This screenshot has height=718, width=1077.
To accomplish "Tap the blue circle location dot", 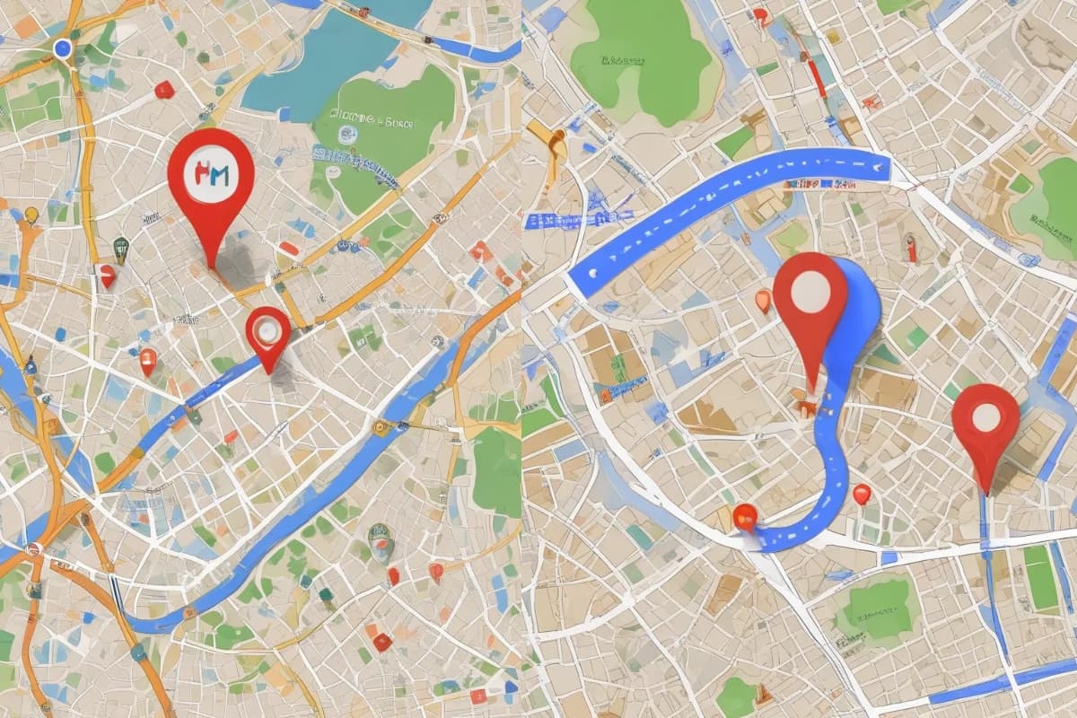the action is click(x=62, y=48).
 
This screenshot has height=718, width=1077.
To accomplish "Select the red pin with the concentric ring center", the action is click(x=267, y=333).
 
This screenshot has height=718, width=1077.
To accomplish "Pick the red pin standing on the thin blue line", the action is click(x=985, y=422).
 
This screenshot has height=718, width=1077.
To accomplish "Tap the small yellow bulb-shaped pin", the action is click(x=31, y=215).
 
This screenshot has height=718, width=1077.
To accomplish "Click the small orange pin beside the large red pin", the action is click(x=763, y=300).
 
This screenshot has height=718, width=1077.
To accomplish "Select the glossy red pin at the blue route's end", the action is click(x=745, y=516).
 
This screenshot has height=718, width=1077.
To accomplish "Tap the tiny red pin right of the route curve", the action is click(x=862, y=494).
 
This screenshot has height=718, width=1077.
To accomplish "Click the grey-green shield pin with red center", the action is click(x=381, y=540).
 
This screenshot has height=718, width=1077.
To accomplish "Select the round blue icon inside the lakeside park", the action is click(x=346, y=135).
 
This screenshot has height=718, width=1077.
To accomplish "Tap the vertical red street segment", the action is click(x=817, y=76).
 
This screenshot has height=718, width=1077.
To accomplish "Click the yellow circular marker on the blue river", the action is click(x=381, y=428).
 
